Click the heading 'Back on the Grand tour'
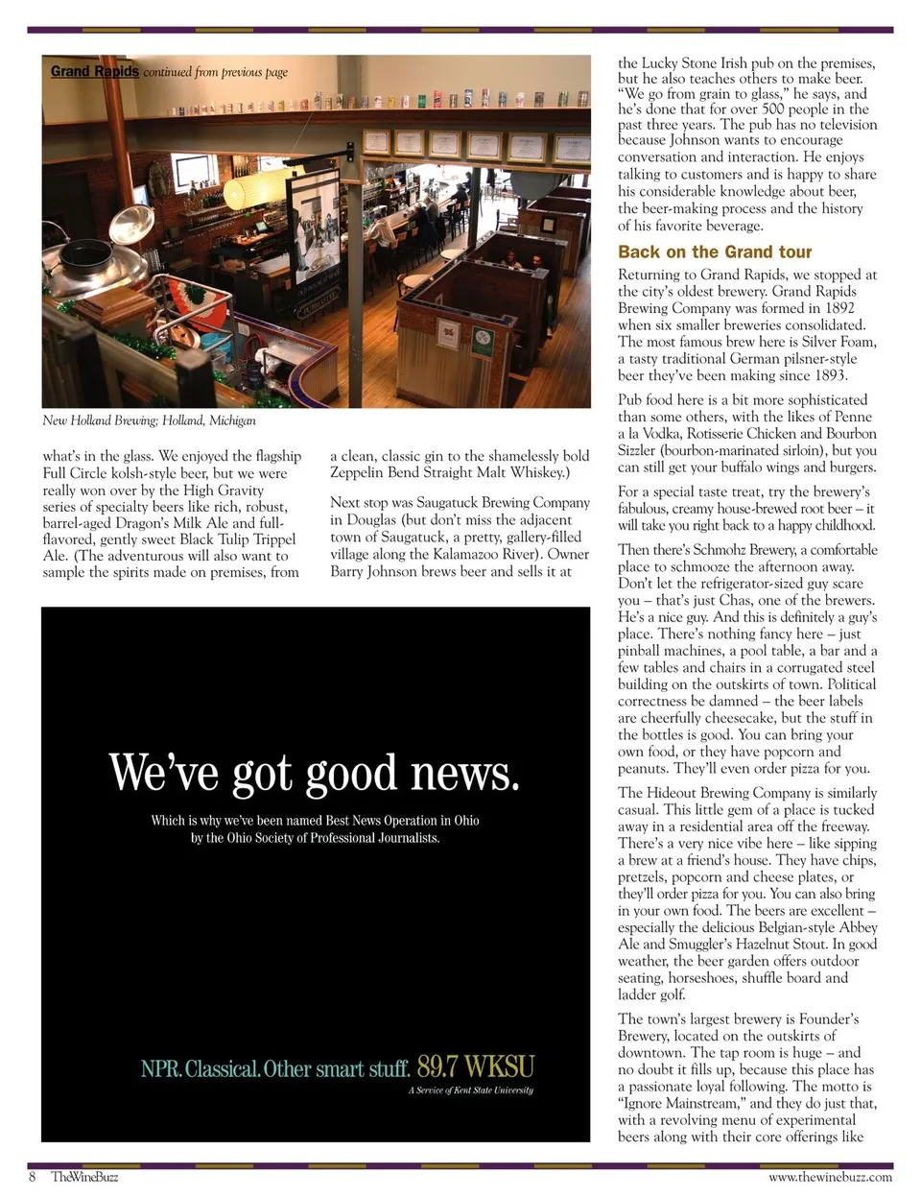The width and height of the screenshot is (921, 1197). (x=715, y=252)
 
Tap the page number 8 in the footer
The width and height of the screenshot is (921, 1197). (x=32, y=1177)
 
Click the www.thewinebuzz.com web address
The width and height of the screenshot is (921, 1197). (x=830, y=1177)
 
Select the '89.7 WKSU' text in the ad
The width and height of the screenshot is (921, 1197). (x=475, y=1066)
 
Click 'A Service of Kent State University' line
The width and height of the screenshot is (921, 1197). (x=470, y=1090)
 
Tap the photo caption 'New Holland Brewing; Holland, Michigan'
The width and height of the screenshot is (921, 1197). (x=149, y=420)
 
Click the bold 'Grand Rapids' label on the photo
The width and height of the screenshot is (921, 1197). (x=94, y=72)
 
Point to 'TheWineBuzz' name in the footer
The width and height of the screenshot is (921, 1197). (x=84, y=1177)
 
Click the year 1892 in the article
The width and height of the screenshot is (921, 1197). (x=838, y=308)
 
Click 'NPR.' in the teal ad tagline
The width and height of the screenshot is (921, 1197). (x=161, y=1068)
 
